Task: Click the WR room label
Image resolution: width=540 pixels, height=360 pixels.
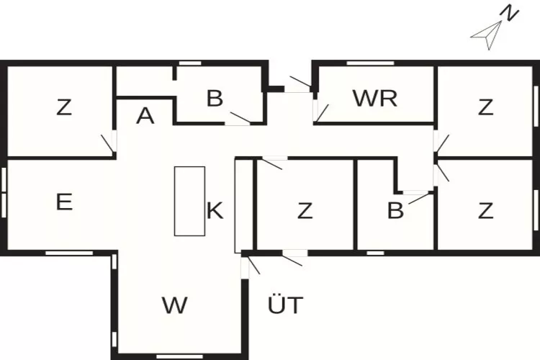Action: click(x=374, y=99)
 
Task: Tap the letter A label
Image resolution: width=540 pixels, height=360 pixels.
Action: click(x=145, y=117)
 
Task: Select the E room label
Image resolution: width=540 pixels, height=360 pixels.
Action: click(x=64, y=202)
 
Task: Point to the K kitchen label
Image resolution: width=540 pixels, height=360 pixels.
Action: click(x=215, y=212)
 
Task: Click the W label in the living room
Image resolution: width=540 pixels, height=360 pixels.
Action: click(x=174, y=305)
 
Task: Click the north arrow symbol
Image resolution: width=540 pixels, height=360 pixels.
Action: click(x=487, y=35)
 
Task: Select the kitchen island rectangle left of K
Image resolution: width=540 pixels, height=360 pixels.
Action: click(x=189, y=201)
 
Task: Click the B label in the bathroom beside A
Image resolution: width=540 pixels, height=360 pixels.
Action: click(x=215, y=99)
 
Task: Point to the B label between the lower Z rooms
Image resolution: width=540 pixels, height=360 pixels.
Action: click(x=395, y=211)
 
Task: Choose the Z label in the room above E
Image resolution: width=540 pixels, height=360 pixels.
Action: click(x=64, y=108)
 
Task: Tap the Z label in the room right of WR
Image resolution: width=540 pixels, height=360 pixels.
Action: click(x=486, y=108)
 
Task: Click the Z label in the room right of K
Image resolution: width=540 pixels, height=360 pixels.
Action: click(x=305, y=212)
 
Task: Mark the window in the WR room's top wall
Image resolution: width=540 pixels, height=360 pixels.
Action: click(x=370, y=63)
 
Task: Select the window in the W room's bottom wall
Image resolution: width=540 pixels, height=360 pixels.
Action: click(x=174, y=356)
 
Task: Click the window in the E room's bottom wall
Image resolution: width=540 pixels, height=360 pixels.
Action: click(x=69, y=253)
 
